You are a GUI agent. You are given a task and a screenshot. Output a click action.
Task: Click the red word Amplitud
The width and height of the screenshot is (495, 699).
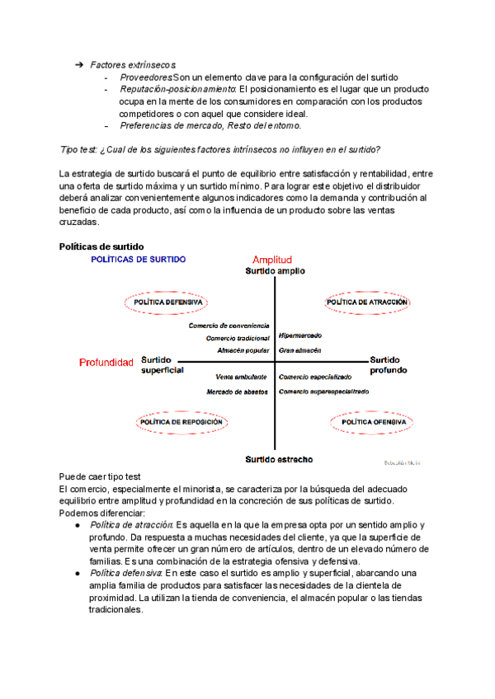point(272,260)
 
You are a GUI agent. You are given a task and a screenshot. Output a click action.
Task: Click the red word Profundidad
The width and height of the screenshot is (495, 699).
point(106,363)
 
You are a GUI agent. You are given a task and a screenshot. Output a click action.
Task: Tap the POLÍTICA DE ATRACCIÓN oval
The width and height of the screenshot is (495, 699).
point(367,303)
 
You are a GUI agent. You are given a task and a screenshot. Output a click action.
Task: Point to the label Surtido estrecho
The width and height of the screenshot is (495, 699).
point(278,459)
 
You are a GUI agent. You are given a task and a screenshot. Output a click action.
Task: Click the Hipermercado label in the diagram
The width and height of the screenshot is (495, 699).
point(300,335)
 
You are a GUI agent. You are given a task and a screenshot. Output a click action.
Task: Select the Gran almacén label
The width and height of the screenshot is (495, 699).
point(299,350)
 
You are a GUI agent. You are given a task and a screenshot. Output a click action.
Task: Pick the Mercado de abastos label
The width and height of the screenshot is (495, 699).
point(237,392)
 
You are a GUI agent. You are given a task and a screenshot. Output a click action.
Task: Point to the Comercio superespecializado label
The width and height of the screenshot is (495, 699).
point(323,392)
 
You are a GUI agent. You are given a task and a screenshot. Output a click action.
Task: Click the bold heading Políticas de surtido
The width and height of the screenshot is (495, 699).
point(101,246)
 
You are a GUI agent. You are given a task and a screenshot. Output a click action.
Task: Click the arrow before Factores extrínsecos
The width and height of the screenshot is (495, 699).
point(79,64)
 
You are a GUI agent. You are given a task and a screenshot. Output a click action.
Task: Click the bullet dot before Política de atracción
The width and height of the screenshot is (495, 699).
point(77,525)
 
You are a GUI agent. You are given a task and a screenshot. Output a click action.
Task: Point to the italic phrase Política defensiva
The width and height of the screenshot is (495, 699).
point(126,573)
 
